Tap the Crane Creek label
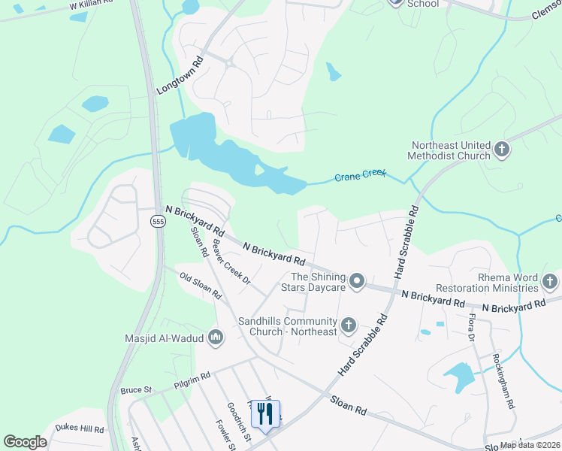[x=360, y=177]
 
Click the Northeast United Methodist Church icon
[x=502, y=150]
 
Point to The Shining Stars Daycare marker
[x=358, y=282]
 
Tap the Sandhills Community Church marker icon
[x=348, y=325]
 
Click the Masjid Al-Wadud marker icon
[x=216, y=338]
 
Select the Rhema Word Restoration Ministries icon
[x=550, y=282]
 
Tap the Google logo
[x=26, y=442]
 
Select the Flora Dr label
[x=471, y=328]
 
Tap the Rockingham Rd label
[x=503, y=381]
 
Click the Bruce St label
[x=136, y=391]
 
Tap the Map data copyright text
[x=530, y=445]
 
